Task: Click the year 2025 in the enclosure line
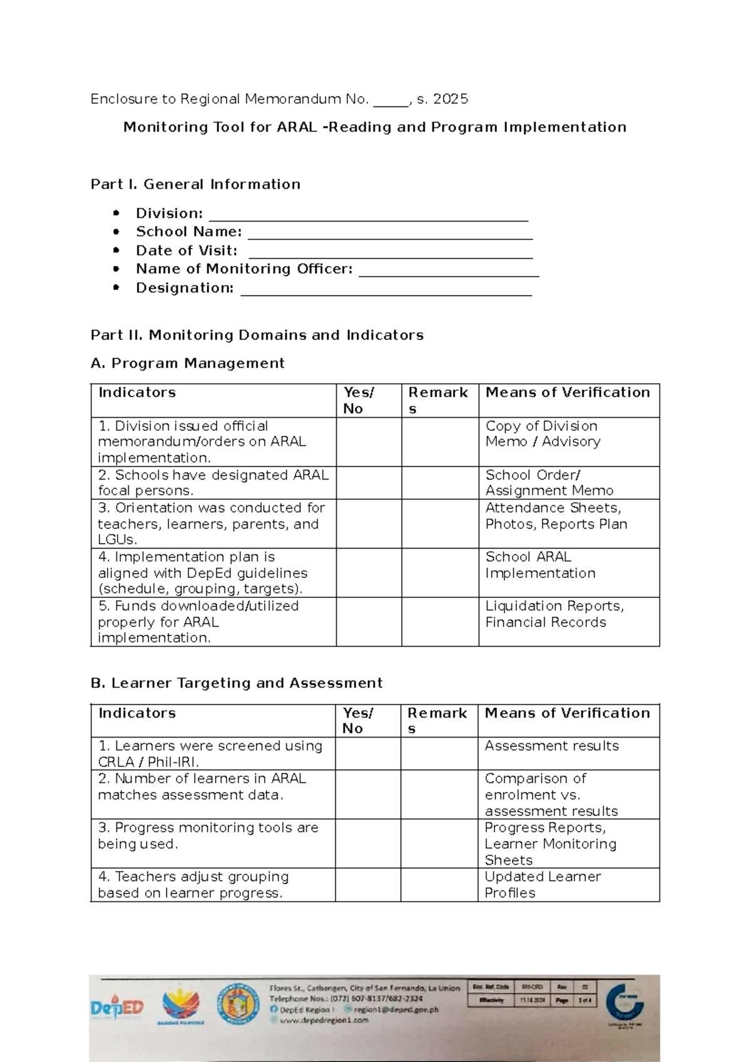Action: click(450, 99)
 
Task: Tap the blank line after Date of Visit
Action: click(390, 255)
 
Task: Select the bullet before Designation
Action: click(116, 288)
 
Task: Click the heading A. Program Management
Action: click(187, 363)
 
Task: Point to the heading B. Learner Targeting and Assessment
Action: click(236, 683)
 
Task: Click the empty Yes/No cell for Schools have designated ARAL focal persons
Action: click(369, 483)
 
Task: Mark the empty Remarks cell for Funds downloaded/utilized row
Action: click(439, 622)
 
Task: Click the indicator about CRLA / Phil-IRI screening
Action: click(210, 754)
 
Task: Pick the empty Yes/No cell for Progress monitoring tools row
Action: click(367, 843)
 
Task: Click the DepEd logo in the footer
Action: click(117, 1008)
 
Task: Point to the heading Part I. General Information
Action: click(195, 184)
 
